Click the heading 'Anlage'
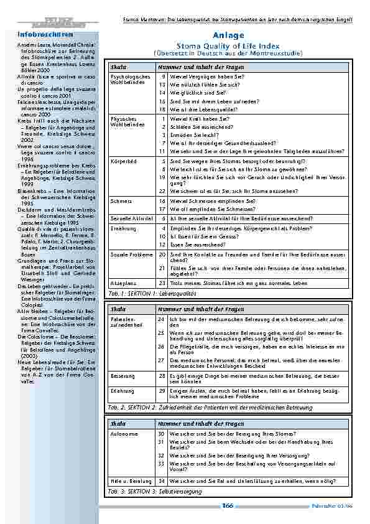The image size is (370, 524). point(232,35)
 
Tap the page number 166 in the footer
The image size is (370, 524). point(228,506)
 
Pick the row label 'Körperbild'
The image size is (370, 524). point(121,161)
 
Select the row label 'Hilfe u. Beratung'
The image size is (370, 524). point(129,481)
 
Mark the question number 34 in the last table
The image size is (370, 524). point(161,481)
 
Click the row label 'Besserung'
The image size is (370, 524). point(121,376)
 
